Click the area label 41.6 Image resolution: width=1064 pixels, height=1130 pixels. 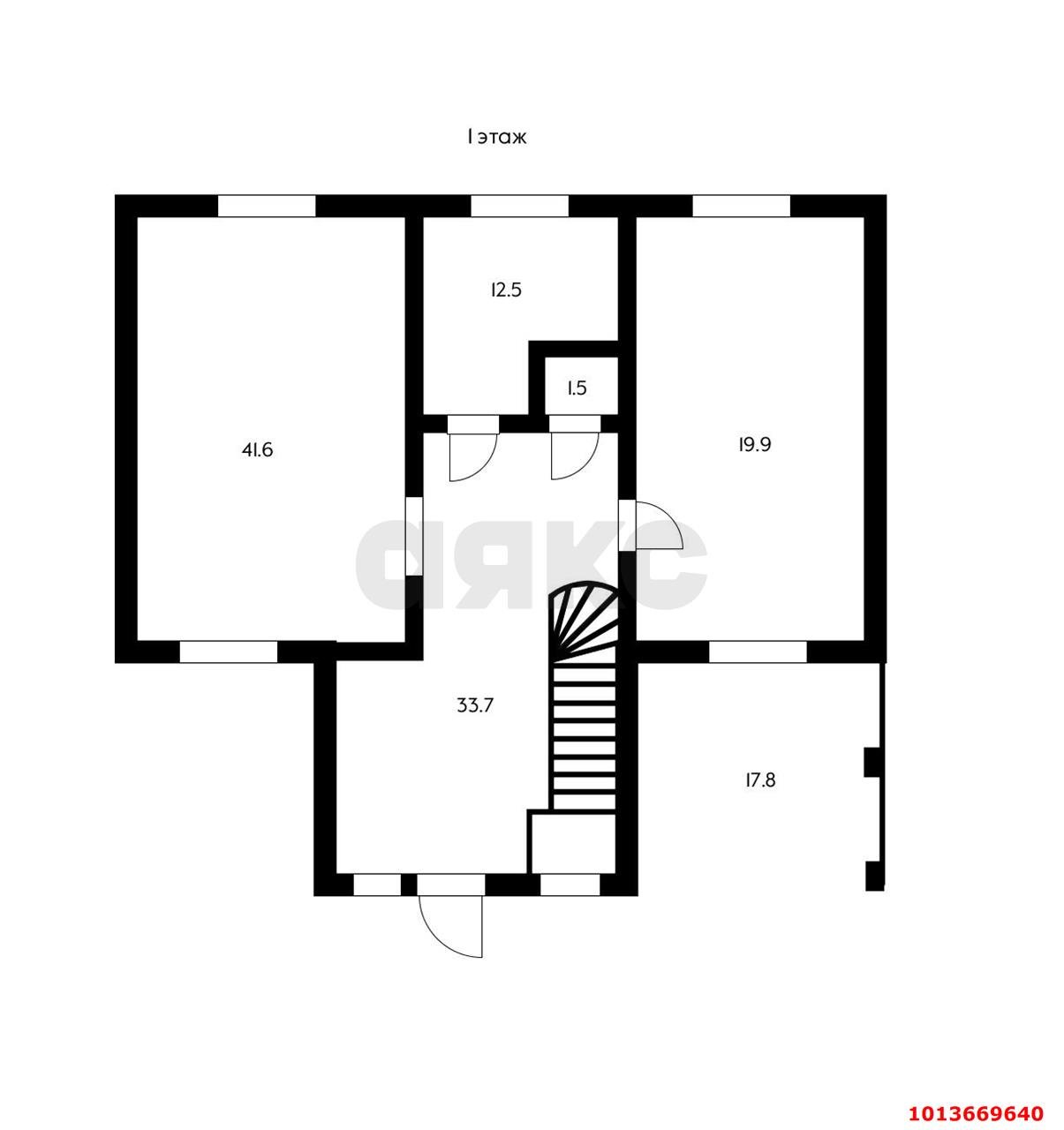257,450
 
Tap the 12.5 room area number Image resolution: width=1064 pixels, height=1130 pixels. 506,290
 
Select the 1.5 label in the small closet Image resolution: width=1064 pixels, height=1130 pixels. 576,388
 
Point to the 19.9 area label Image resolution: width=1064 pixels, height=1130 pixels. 754,444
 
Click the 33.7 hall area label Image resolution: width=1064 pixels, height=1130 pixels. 475,705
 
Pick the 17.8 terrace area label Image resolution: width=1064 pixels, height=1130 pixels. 760,780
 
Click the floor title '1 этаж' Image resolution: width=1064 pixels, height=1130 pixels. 496,137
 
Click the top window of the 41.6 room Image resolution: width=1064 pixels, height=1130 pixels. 267,206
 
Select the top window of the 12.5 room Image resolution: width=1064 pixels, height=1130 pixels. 519,206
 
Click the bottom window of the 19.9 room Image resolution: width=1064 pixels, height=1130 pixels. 757,652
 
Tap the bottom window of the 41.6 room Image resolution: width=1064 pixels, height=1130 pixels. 229,652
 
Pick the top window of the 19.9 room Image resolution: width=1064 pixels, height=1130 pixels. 741,206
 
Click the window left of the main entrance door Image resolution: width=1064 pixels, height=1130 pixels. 377,885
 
